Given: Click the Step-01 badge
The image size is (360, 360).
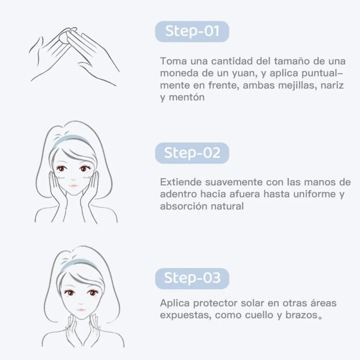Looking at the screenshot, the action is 192,31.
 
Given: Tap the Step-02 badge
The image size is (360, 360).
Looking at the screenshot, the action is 192,153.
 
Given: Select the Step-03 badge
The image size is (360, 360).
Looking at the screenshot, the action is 192,278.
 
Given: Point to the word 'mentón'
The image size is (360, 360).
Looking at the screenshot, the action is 187,97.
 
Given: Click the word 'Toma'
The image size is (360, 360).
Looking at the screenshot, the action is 174,61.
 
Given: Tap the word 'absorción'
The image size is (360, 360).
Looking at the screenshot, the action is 183,206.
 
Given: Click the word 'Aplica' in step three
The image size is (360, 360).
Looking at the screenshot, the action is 175,303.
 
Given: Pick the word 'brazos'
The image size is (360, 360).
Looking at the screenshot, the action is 301,315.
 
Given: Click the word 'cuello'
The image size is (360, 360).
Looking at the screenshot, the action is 259,315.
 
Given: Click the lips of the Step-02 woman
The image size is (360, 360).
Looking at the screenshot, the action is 74,185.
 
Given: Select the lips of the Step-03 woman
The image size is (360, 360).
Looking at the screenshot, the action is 81,310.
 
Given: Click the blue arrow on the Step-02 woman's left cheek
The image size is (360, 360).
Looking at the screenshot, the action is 86,177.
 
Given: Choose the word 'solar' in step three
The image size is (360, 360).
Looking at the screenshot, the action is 251,303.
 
